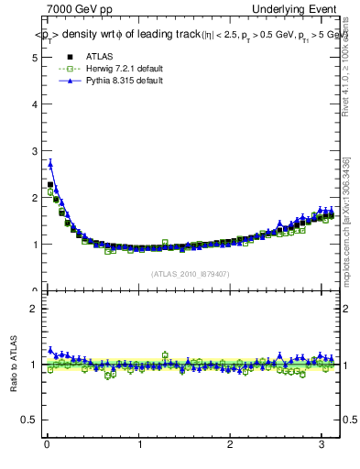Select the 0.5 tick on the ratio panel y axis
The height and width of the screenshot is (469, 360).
pyautogui.click(x=28, y=420)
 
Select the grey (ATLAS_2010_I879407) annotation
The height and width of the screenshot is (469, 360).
pyautogui.click(x=189, y=273)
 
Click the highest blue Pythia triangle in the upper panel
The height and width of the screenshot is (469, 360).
pyautogui.click(x=50, y=164)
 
